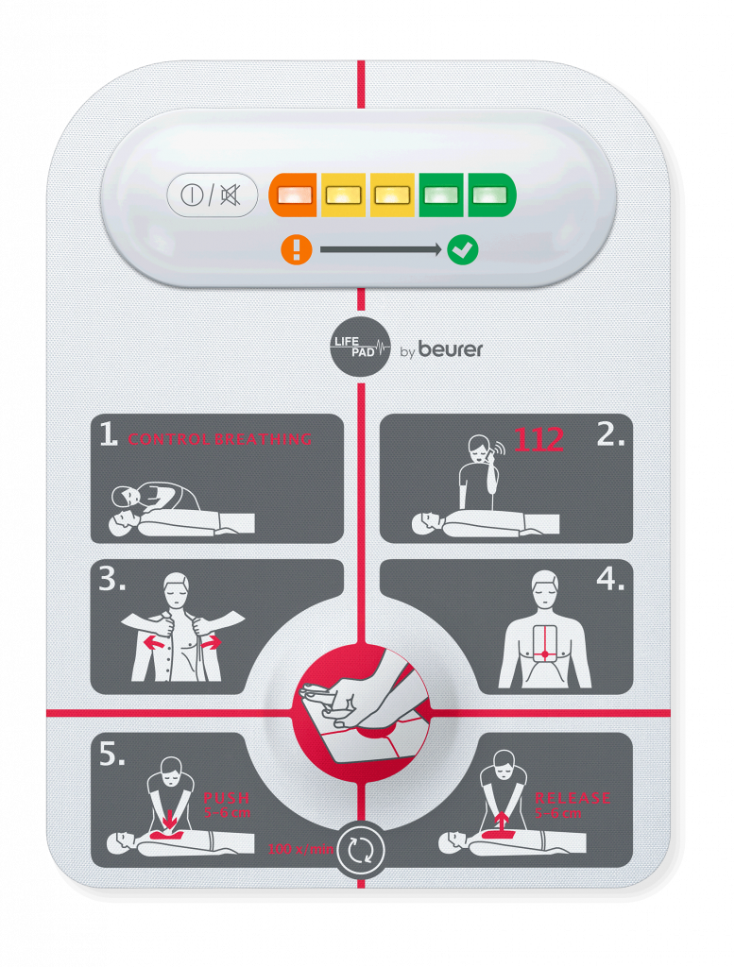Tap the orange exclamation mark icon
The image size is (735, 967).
pos(296,250)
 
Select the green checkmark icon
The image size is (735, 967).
pos(463,250)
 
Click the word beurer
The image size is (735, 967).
pos(451,349)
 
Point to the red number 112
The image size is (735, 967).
pos(538,439)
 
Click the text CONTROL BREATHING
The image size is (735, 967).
pos(220,439)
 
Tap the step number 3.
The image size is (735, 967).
pos(112,580)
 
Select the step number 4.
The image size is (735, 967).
pos(610,580)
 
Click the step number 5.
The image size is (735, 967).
pos(112,755)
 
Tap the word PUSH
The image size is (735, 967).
pos(227,798)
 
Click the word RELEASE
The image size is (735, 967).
pos(573,798)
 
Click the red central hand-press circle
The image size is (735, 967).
pos(361,704)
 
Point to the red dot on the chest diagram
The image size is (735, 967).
pos(545,654)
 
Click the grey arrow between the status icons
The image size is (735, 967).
pos(380,250)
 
